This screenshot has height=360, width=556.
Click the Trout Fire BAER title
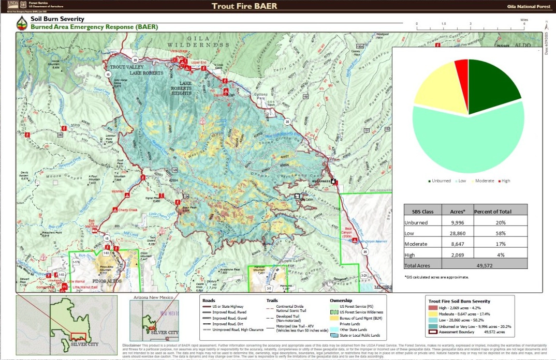click(244, 6)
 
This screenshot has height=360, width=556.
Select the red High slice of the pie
click(462, 69)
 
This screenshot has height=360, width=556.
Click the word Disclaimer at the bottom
click(131, 344)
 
